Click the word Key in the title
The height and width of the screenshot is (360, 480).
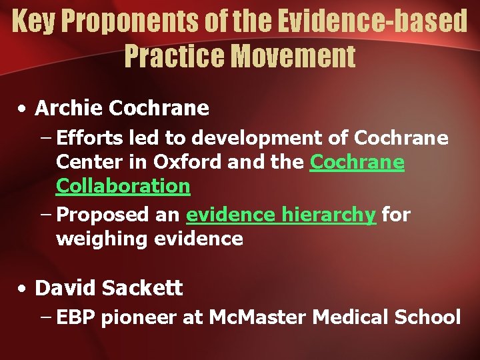33,21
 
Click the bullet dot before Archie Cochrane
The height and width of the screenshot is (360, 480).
23,108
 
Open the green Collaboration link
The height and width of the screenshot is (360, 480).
123,186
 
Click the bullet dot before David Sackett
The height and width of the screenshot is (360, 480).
23,289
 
